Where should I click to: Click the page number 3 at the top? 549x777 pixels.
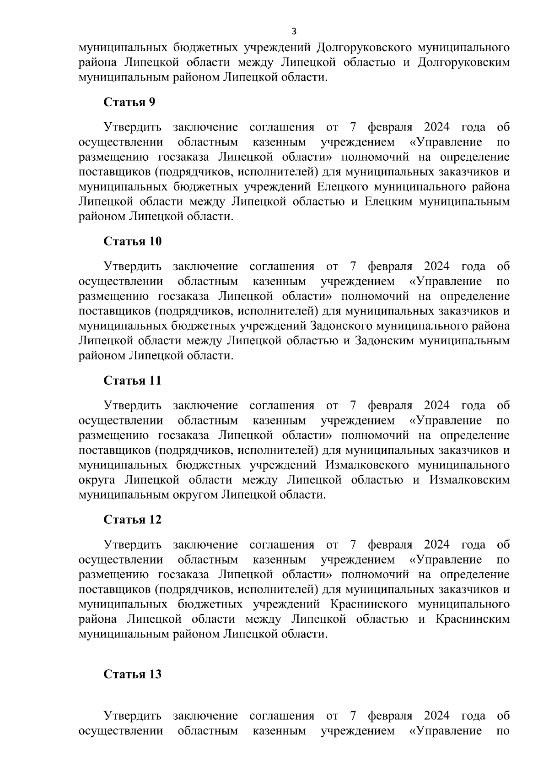point(294,32)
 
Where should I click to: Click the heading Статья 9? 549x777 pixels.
point(129,102)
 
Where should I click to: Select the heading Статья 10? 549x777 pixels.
point(132,241)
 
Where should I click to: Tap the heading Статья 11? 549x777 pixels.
point(132,380)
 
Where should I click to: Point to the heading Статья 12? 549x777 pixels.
point(132,520)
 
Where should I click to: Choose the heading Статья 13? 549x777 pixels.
point(132,674)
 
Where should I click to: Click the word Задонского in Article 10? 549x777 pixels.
point(340,326)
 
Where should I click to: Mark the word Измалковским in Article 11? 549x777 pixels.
point(469,480)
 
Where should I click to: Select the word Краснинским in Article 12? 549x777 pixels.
point(473,619)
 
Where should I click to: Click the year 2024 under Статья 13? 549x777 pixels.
point(436,716)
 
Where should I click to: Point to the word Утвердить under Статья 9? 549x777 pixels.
point(133,127)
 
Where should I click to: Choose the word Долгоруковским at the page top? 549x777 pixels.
point(463,63)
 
